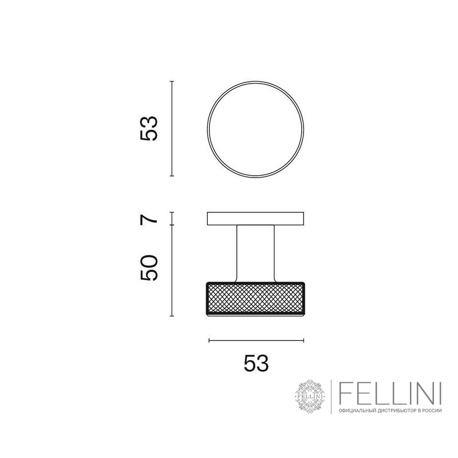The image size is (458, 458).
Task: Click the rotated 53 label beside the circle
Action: pyautogui.click(x=149, y=129)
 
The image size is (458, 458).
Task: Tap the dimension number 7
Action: pyautogui.click(x=149, y=219)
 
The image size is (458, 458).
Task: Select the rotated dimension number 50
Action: pyautogui.click(x=149, y=268)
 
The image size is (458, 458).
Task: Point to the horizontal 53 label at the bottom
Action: pyautogui.click(x=256, y=363)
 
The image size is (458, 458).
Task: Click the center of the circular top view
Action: pyautogui.click(x=255, y=129)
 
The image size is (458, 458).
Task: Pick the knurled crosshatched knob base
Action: pyautogui.click(x=255, y=299)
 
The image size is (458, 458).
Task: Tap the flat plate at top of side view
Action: pyautogui.click(x=255, y=219)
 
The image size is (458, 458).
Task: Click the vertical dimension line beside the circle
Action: pyautogui.click(x=172, y=129)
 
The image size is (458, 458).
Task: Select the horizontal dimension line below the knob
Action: pyautogui.click(x=256, y=340)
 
